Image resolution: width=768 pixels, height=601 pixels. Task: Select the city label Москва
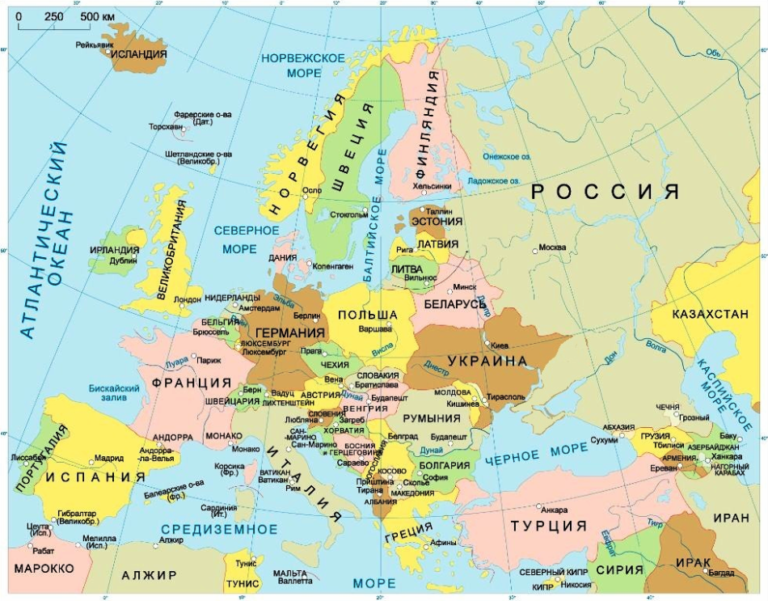pyautogui.click(x=552, y=247)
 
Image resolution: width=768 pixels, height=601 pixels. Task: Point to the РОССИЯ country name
pyautogui.click(x=604, y=192)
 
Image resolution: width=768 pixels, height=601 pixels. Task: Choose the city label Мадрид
pyautogui.click(x=109, y=458)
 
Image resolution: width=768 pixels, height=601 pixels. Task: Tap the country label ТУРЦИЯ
pyautogui.click(x=548, y=526)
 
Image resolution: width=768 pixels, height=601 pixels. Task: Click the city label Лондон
pyautogui.click(x=187, y=298)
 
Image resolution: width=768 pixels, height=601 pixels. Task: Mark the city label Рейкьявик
pyautogui.click(x=93, y=44)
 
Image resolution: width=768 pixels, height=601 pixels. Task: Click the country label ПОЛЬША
pyautogui.click(x=367, y=314)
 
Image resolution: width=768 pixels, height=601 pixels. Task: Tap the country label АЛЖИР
pyautogui.click(x=149, y=575)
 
